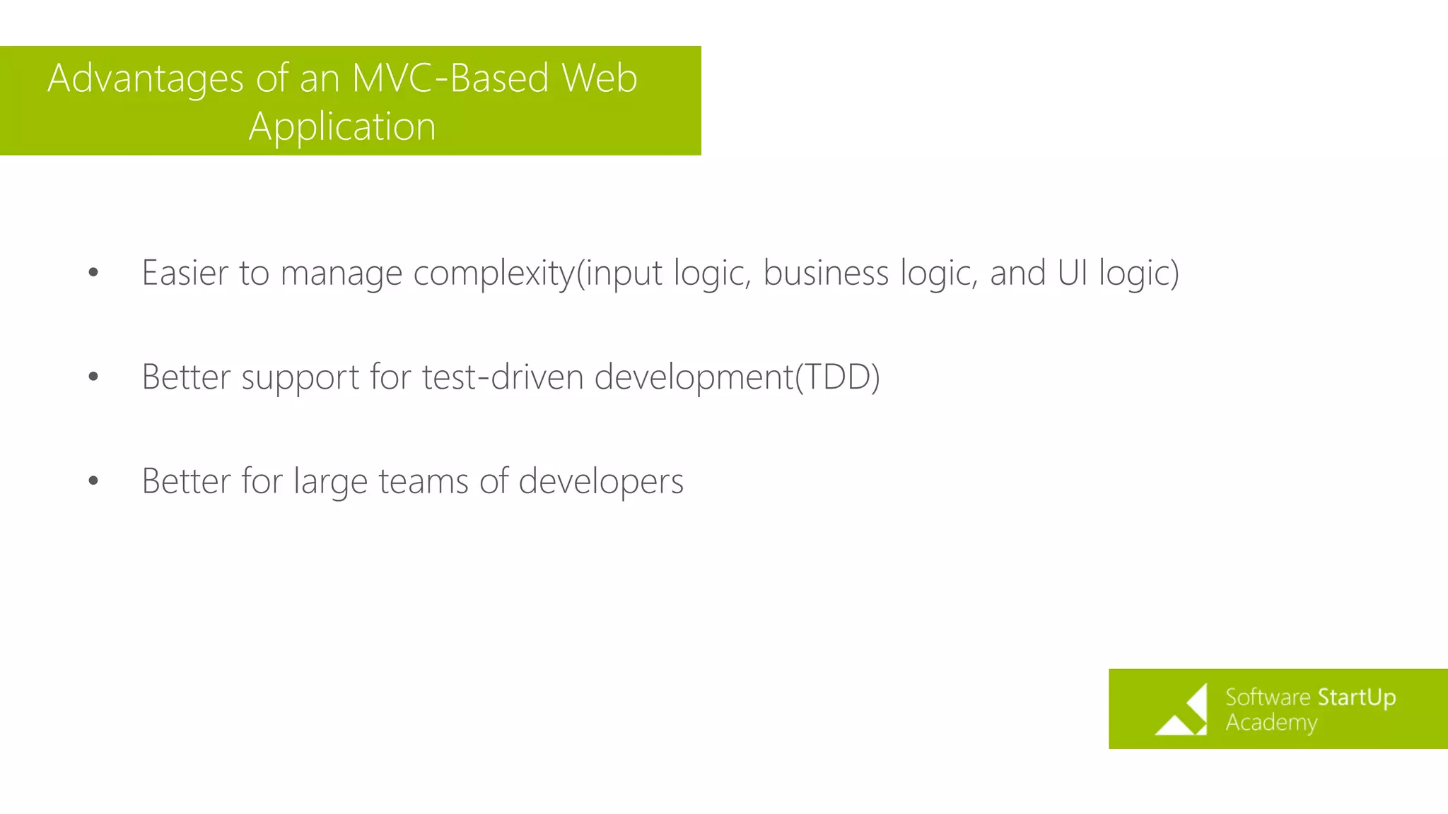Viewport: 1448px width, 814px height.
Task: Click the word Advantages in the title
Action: click(x=146, y=78)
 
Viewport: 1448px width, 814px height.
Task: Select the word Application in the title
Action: click(x=342, y=127)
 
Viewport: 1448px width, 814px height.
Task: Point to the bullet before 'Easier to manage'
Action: click(x=93, y=273)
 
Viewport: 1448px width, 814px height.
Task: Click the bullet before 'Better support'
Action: click(x=93, y=377)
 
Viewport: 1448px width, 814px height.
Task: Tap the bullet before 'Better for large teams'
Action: click(x=93, y=481)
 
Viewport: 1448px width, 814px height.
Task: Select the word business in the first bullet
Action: click(x=825, y=273)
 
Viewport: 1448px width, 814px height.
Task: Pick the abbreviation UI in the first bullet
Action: click(x=1072, y=273)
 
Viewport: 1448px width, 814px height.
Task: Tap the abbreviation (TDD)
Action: click(x=838, y=377)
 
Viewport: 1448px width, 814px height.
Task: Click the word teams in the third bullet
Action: click(x=424, y=481)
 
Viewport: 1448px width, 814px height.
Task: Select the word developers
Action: click(x=601, y=481)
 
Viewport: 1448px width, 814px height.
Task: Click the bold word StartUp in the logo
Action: click(x=1356, y=697)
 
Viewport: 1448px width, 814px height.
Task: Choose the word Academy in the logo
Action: click(x=1271, y=723)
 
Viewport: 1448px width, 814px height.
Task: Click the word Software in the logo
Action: click(x=1268, y=697)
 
